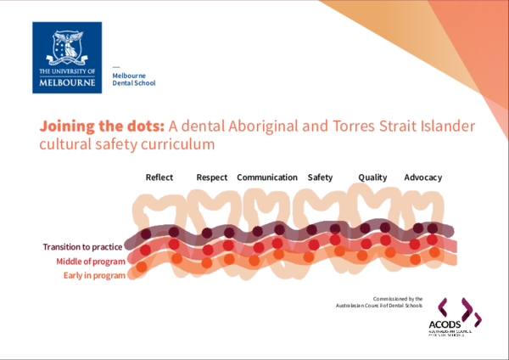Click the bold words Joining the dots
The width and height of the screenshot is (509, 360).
(102, 126)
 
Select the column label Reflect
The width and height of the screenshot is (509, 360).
(159, 177)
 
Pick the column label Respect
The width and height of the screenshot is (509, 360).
(211, 177)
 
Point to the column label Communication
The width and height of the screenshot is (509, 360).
(267, 177)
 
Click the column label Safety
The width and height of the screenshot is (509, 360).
(320, 177)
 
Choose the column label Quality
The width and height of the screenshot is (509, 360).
(372, 177)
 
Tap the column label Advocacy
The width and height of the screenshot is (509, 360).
(422, 177)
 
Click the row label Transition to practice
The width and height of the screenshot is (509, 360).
(84, 247)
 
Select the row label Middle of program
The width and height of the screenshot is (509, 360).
(91, 262)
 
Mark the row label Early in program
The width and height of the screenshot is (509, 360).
(94, 275)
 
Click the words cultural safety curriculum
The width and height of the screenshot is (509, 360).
(123, 145)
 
